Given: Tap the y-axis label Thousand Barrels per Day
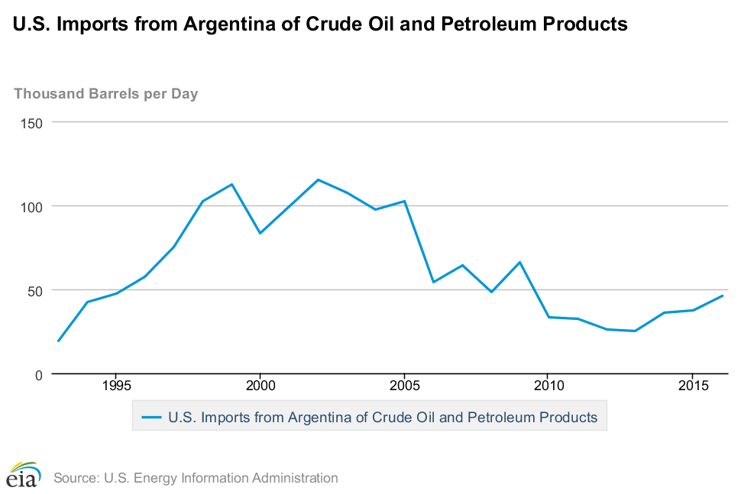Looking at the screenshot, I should pos(106,94).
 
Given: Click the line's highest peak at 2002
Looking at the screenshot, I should pos(318,179).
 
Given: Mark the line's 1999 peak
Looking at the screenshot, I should pos(231,184).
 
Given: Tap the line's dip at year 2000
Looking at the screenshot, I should pos(260,233).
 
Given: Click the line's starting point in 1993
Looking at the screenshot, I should pos(58,341).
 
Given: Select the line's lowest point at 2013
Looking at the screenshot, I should pos(634,331).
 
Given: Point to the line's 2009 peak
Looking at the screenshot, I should pos(519,262).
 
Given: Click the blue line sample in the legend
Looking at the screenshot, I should pos(151,418).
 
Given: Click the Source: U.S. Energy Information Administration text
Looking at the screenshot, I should pos(196,479).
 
